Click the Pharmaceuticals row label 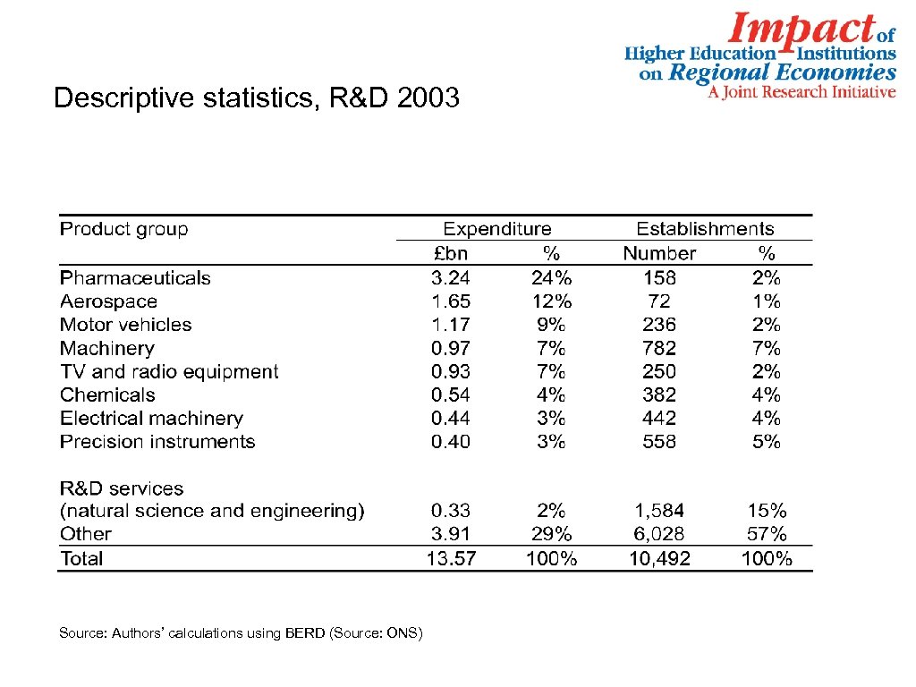click(135, 278)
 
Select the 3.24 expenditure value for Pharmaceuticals click(451, 278)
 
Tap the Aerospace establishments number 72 click(659, 301)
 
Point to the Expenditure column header click(497, 229)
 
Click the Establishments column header click(705, 229)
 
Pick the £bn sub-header click(449, 254)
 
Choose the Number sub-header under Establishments click(659, 254)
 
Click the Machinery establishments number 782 click(659, 348)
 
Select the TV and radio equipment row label click(169, 371)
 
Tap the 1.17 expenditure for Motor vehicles click(451, 325)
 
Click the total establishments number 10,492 click(659, 559)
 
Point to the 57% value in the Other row click(767, 534)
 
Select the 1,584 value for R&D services click(659, 511)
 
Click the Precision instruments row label click(157, 442)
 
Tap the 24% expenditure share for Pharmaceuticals click(551, 278)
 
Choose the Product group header click(124, 229)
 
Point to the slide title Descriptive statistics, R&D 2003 click(257, 98)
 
